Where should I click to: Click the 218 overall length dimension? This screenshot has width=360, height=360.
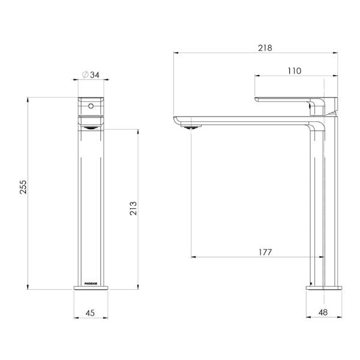coord(257,47)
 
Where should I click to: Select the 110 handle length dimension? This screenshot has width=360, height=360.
coord(294,70)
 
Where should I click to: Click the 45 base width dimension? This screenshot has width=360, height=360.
coord(90,312)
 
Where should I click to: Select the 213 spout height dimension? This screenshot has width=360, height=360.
coord(133,208)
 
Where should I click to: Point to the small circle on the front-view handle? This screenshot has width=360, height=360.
coord(91,107)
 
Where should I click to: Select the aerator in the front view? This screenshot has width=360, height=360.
coord(91,125)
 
